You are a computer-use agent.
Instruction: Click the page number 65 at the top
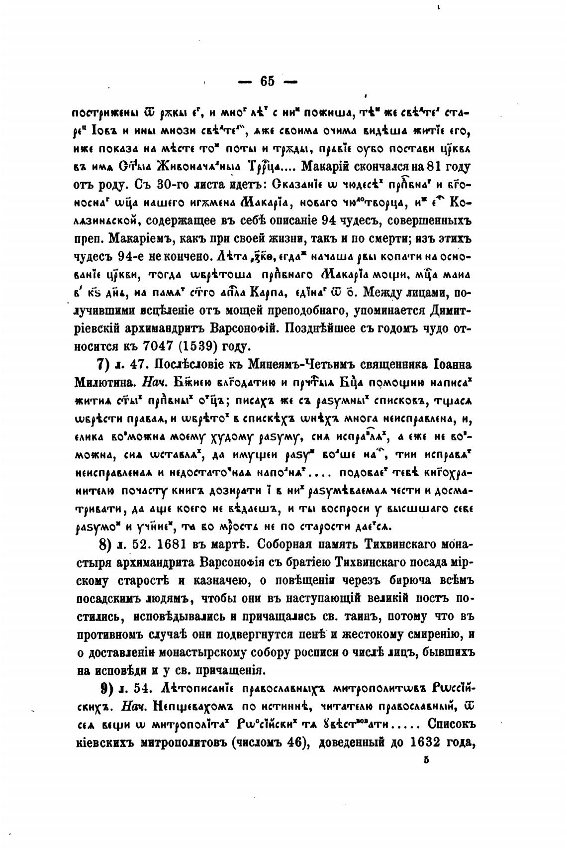coord(267,82)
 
